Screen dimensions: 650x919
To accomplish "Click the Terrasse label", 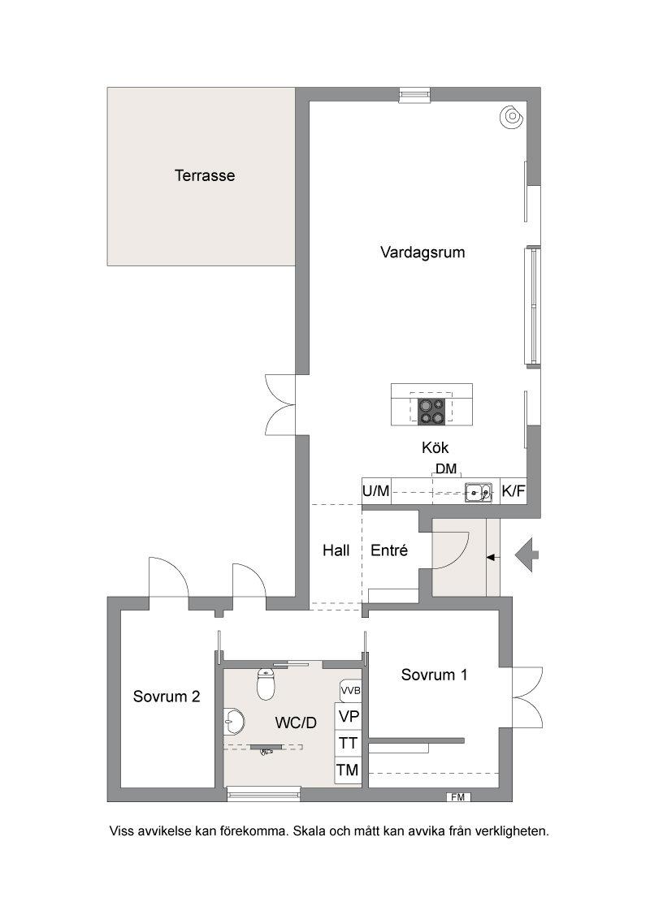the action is (205, 175).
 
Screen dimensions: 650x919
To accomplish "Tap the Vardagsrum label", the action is (422, 252).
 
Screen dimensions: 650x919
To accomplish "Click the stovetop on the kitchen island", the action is (431, 410).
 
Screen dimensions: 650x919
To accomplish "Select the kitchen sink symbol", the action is (479, 492).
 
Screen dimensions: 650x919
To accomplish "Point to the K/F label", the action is (513, 491).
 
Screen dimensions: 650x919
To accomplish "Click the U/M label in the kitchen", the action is (376, 491).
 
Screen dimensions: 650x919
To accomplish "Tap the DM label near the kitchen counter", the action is (446, 469).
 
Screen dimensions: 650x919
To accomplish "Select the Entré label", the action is (389, 550).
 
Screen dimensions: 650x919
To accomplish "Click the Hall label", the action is (336, 550).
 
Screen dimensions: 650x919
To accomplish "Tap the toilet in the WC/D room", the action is (266, 684).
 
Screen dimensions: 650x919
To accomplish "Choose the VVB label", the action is (350, 690).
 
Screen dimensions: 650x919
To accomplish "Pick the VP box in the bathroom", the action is (348, 716).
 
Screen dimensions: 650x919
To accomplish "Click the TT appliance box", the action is (348, 743).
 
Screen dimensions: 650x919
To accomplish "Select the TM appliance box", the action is (348, 770).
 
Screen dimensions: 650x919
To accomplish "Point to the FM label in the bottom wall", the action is (458, 797).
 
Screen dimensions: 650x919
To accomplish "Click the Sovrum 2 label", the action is (167, 697).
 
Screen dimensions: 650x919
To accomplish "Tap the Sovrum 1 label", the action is (434, 675).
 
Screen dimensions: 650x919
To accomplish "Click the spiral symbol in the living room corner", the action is (511, 117).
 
